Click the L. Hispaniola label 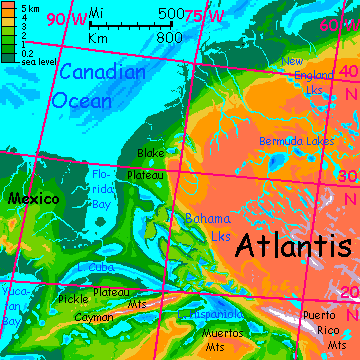click(x=205, y=315)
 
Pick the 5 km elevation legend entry click(x=22, y=7)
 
